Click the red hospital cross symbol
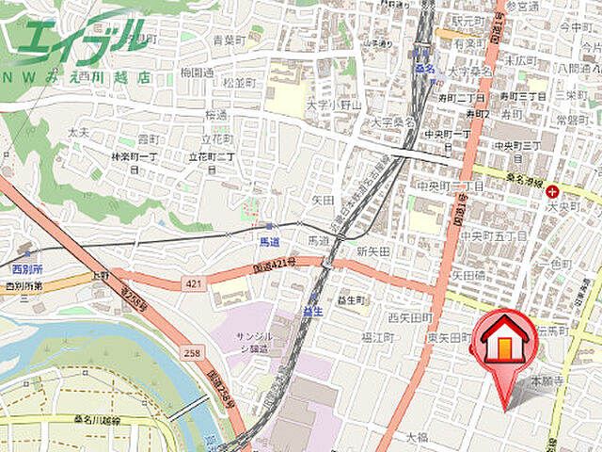tap(551, 191)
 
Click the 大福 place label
tap(416, 437)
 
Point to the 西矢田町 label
tap(409, 317)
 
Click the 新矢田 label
tap(373, 251)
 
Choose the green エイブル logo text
tap(80, 40)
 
